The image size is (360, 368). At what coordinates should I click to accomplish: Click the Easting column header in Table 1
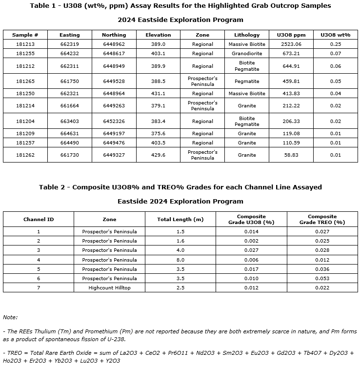[69, 35]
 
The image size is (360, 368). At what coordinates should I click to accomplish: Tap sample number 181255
[25, 54]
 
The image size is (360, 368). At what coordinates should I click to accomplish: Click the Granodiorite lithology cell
[247, 54]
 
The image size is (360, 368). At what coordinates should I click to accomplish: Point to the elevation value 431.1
[158, 93]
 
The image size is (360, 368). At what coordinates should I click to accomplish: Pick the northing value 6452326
[114, 121]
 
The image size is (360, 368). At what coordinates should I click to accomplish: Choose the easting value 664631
[69, 133]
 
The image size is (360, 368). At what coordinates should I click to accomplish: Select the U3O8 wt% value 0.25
[335, 44]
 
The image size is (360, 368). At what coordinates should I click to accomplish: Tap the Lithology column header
[247, 35]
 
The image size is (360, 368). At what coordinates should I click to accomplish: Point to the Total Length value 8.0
[180, 260]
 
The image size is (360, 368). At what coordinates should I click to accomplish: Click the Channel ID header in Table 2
[39, 219]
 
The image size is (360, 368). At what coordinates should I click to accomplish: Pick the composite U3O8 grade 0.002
[251, 241]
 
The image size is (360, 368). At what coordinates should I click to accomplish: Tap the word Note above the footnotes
[10, 317]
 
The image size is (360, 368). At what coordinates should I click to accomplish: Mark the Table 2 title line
[180, 187]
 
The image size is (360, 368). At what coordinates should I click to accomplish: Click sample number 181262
[25, 155]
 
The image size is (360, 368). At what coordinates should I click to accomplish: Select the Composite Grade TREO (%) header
[322, 219]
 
